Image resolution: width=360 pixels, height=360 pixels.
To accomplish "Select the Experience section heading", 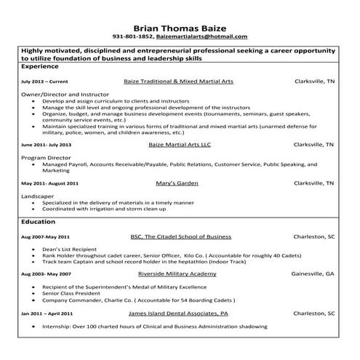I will click(x=41, y=65).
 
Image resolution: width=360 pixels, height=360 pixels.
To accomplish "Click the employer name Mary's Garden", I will click(x=177, y=183).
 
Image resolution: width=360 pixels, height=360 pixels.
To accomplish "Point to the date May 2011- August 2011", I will click(x=49, y=184).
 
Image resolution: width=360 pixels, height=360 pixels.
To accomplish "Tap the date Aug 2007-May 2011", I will click(x=45, y=237).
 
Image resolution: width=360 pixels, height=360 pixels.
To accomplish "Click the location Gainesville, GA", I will click(x=313, y=273).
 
